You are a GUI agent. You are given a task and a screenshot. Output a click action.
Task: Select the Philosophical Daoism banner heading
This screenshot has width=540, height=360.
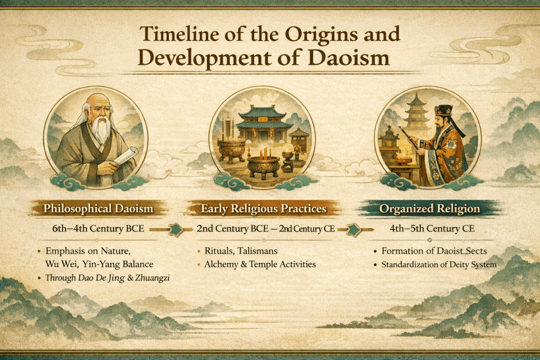[99, 209]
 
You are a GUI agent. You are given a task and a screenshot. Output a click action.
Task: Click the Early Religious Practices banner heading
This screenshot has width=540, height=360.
[263, 209]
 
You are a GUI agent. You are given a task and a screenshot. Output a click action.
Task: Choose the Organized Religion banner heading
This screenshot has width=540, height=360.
[430, 209]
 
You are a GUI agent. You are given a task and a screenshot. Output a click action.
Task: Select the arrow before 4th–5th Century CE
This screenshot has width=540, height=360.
[354, 229]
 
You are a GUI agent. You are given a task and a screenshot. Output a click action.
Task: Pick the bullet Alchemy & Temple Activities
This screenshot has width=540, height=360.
[259, 264]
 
